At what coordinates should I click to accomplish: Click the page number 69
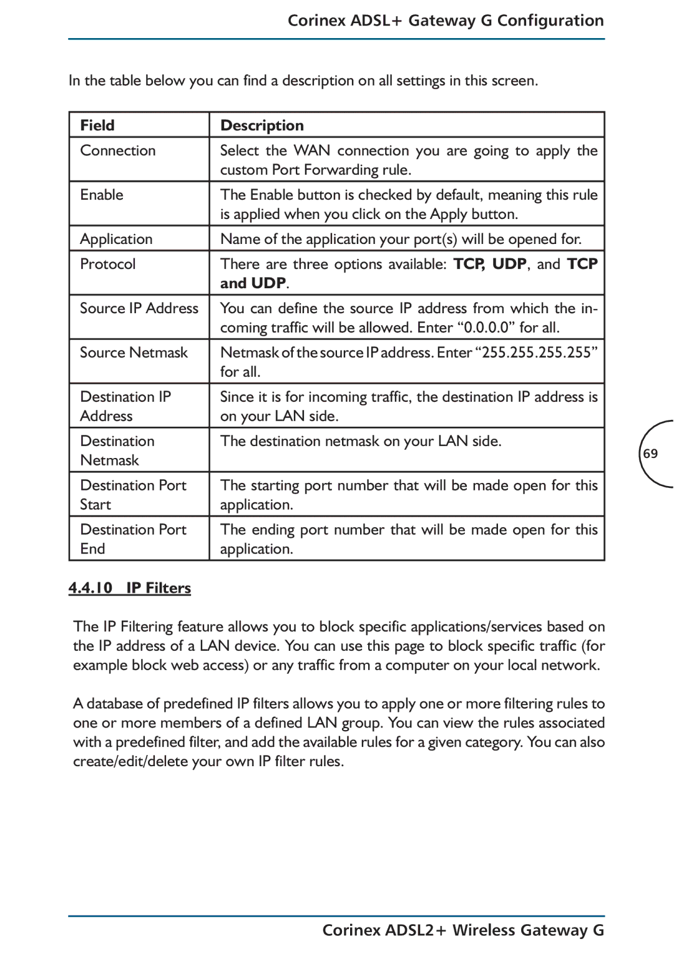(x=650, y=454)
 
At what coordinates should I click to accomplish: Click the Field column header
(x=97, y=125)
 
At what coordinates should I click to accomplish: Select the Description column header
(x=262, y=125)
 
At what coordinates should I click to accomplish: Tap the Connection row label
(x=118, y=150)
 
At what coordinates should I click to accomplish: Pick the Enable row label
(x=102, y=195)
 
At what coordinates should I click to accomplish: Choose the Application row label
(x=116, y=239)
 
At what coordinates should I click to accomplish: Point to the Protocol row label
(x=108, y=264)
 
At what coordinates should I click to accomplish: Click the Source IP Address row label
(x=139, y=308)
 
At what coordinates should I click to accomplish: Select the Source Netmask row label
(x=134, y=353)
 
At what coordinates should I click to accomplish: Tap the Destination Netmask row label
(x=117, y=450)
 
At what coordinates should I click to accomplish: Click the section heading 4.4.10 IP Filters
(x=130, y=588)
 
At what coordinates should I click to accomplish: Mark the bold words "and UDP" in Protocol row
(x=253, y=283)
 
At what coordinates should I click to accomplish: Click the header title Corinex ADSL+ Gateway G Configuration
(x=446, y=21)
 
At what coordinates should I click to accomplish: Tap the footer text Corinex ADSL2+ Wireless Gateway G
(x=463, y=930)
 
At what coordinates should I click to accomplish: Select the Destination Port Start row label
(x=133, y=495)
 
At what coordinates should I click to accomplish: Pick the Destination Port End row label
(x=133, y=539)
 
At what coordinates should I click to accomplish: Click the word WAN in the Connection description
(x=311, y=150)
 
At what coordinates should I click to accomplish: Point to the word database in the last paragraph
(x=114, y=703)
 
